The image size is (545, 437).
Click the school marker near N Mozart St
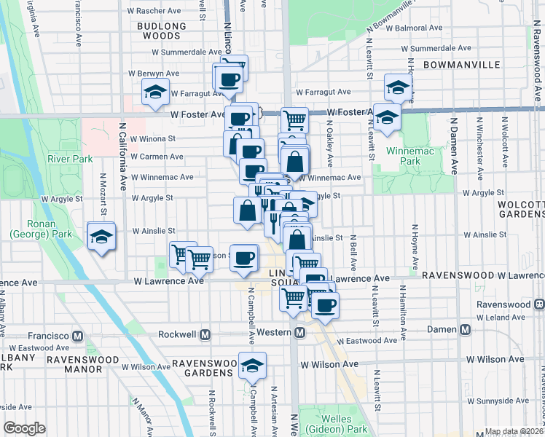click(101, 237)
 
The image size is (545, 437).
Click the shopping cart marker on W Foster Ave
click(294, 119)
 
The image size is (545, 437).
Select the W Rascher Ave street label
click(154, 11)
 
